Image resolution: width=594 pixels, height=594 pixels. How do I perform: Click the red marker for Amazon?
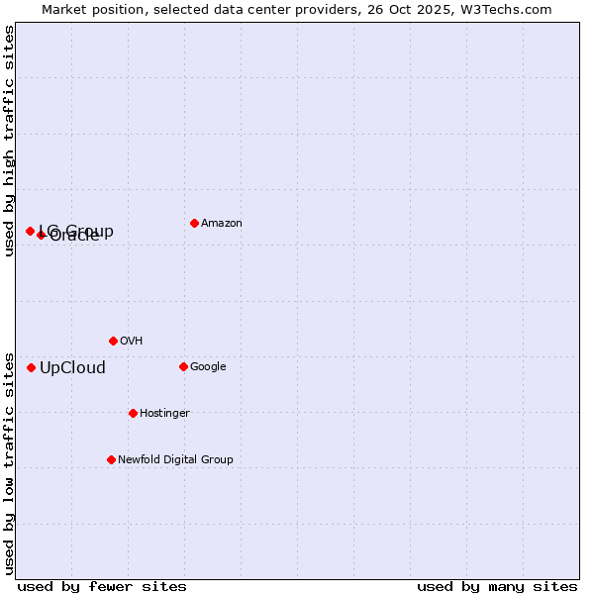[194, 223]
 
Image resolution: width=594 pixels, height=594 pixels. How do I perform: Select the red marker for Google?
[183, 366]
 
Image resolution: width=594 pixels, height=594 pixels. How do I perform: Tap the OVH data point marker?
[113, 341]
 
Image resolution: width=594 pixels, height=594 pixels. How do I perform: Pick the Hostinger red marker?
[133, 413]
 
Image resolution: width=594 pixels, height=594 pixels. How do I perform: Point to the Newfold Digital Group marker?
[111, 459]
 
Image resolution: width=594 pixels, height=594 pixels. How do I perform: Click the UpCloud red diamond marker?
[31, 367]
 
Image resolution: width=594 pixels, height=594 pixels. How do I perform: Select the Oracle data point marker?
[41, 235]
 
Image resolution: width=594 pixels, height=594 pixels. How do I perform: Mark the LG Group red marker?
[30, 231]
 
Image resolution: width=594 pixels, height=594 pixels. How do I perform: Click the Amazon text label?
[221, 224]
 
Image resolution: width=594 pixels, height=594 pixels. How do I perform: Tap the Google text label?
[208, 367]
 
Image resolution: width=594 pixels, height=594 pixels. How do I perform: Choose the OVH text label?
[131, 342]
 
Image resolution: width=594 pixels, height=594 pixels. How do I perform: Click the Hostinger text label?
[164, 414]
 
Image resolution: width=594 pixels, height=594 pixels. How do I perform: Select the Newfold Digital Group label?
[175, 460]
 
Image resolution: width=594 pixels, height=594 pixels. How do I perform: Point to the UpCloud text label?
[72, 368]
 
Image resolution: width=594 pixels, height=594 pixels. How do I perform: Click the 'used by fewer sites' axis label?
[102, 586]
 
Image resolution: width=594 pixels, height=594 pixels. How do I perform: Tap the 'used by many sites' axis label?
[497, 586]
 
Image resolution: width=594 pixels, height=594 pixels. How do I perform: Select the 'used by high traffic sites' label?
[10, 141]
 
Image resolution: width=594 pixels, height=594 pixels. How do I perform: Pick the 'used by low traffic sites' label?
[10, 462]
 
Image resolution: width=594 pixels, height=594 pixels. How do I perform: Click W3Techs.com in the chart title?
[511, 9]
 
